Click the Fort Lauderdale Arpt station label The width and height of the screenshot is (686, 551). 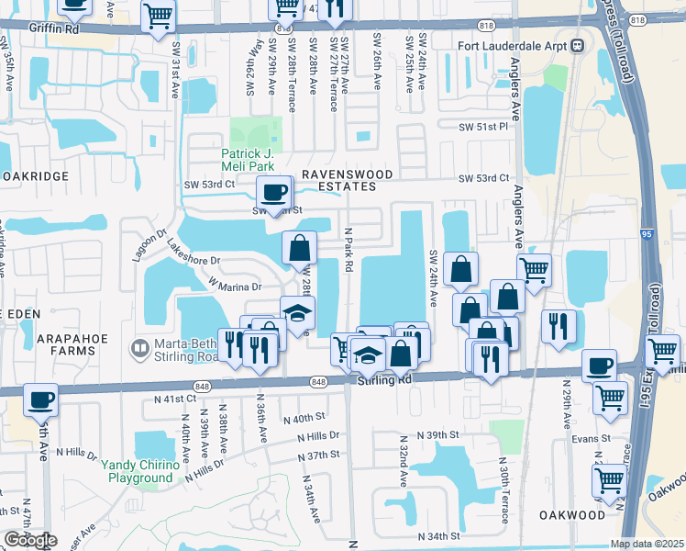[513, 46]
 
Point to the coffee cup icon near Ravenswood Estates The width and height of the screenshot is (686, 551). [274, 193]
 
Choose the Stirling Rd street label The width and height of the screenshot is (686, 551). [381, 380]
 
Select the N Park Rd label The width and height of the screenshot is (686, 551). [349, 251]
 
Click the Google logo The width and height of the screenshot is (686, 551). [30, 540]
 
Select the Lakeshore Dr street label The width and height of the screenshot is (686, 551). [194, 253]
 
